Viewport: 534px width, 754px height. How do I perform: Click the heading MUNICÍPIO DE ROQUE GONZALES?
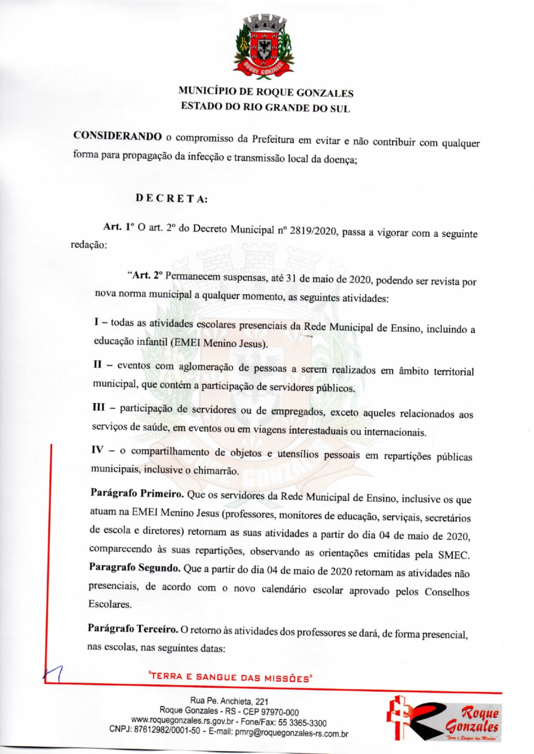click(266, 93)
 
